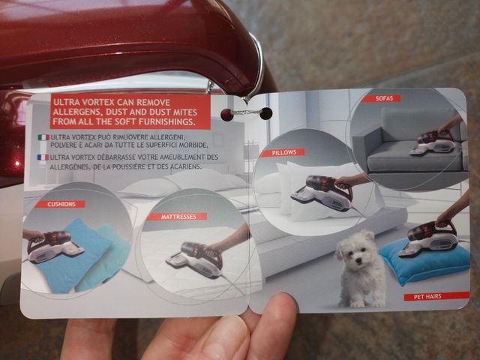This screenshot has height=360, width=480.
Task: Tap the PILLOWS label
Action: [284, 152]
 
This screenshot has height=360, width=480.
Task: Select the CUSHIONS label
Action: [61, 204]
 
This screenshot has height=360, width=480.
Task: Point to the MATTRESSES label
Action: [178, 217]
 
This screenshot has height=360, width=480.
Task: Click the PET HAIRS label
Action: [436, 296]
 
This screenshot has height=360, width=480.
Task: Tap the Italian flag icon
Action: [43, 137]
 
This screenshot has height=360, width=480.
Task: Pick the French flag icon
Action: [43, 157]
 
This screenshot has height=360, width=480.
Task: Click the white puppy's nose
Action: [358, 261]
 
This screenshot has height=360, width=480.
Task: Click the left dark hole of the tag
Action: [227, 115]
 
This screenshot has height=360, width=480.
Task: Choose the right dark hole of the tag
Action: [265, 113]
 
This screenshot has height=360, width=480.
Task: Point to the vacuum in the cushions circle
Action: [55, 247]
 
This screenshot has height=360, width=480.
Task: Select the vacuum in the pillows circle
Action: [323, 193]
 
